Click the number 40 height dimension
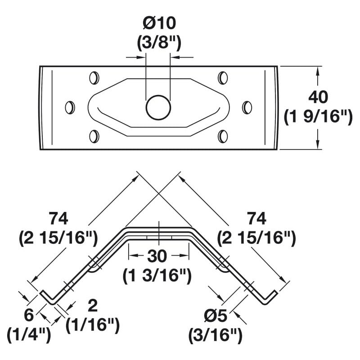(318, 97)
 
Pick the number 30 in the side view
(157, 256)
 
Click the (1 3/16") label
(157, 275)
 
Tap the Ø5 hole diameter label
(215, 316)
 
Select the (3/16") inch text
(215, 335)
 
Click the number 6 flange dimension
(29, 315)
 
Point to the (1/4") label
(29, 335)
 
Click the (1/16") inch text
(93, 325)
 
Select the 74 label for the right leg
(256, 219)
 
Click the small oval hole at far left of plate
(70, 108)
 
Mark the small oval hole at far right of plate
(247, 108)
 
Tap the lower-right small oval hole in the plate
(222, 136)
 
